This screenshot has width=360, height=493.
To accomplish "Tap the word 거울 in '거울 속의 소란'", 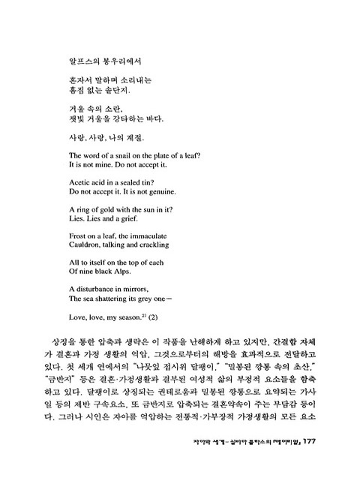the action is [77, 108].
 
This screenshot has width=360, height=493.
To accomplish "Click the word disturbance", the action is [96, 289].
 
